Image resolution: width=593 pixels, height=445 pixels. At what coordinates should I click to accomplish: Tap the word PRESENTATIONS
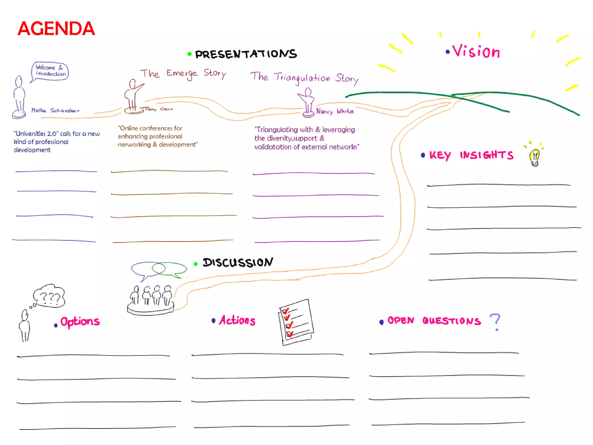(246, 54)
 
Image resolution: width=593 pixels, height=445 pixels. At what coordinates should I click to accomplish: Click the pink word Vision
(476, 52)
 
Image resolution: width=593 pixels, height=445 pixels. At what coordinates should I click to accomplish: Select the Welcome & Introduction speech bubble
(50, 71)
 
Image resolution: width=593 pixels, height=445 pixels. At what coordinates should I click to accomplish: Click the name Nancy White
(335, 111)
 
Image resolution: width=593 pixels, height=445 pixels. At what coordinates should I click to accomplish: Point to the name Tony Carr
(159, 109)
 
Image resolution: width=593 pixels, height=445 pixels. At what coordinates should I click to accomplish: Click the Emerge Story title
(183, 74)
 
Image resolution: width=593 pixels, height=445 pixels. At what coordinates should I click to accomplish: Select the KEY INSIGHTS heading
(471, 155)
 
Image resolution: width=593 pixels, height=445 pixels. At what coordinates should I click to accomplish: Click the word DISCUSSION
(237, 262)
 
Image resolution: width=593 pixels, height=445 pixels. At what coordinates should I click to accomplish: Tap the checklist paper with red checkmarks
(296, 322)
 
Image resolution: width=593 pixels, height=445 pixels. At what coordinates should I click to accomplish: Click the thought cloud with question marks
(50, 296)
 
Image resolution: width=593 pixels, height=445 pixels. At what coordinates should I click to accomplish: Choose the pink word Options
(80, 322)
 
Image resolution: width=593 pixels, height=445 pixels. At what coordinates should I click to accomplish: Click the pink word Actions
(237, 320)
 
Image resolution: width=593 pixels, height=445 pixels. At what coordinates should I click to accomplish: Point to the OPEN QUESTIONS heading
(434, 321)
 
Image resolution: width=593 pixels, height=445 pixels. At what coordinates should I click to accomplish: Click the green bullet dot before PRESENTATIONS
(189, 54)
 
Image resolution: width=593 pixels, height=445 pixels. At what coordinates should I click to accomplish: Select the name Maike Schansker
(55, 110)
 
